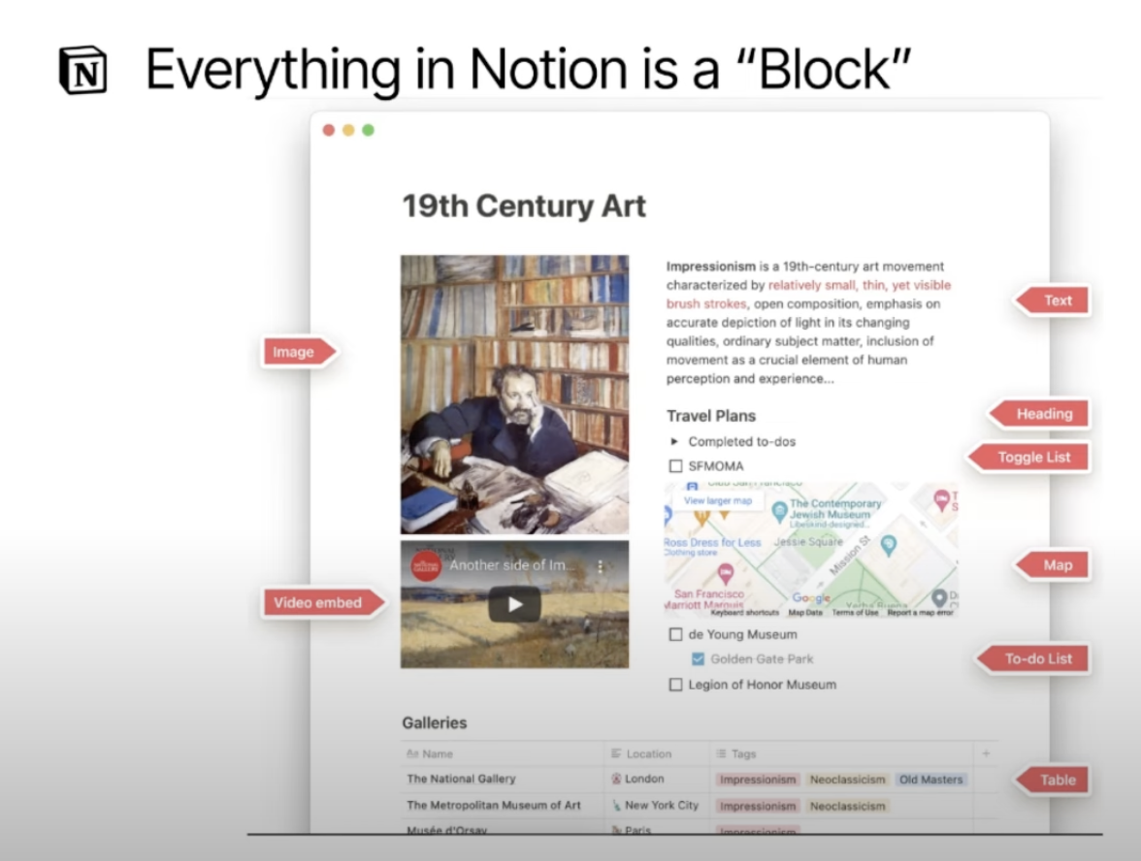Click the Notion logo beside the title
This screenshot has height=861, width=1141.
[82, 71]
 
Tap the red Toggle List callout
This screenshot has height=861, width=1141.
[1032, 458]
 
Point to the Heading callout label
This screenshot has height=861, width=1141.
[1043, 414]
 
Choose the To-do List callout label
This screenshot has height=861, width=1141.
[1037, 659]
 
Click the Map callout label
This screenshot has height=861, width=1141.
[1056, 565]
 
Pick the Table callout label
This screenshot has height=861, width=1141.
[1056, 780]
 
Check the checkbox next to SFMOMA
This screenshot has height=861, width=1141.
[676, 466]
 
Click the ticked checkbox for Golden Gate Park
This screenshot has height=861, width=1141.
[699, 659]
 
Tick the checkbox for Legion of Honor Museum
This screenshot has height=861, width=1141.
[676, 685]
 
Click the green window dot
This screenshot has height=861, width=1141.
[369, 130]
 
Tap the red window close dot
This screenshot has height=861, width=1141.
[329, 130]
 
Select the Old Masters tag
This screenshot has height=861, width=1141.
[930, 780]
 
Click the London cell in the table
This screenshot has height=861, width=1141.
[644, 779]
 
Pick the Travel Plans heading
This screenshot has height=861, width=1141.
[711, 416]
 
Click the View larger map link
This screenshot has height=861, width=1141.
[718, 501]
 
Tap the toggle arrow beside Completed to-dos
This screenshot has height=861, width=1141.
[675, 441]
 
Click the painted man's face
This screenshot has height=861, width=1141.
[517, 392]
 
